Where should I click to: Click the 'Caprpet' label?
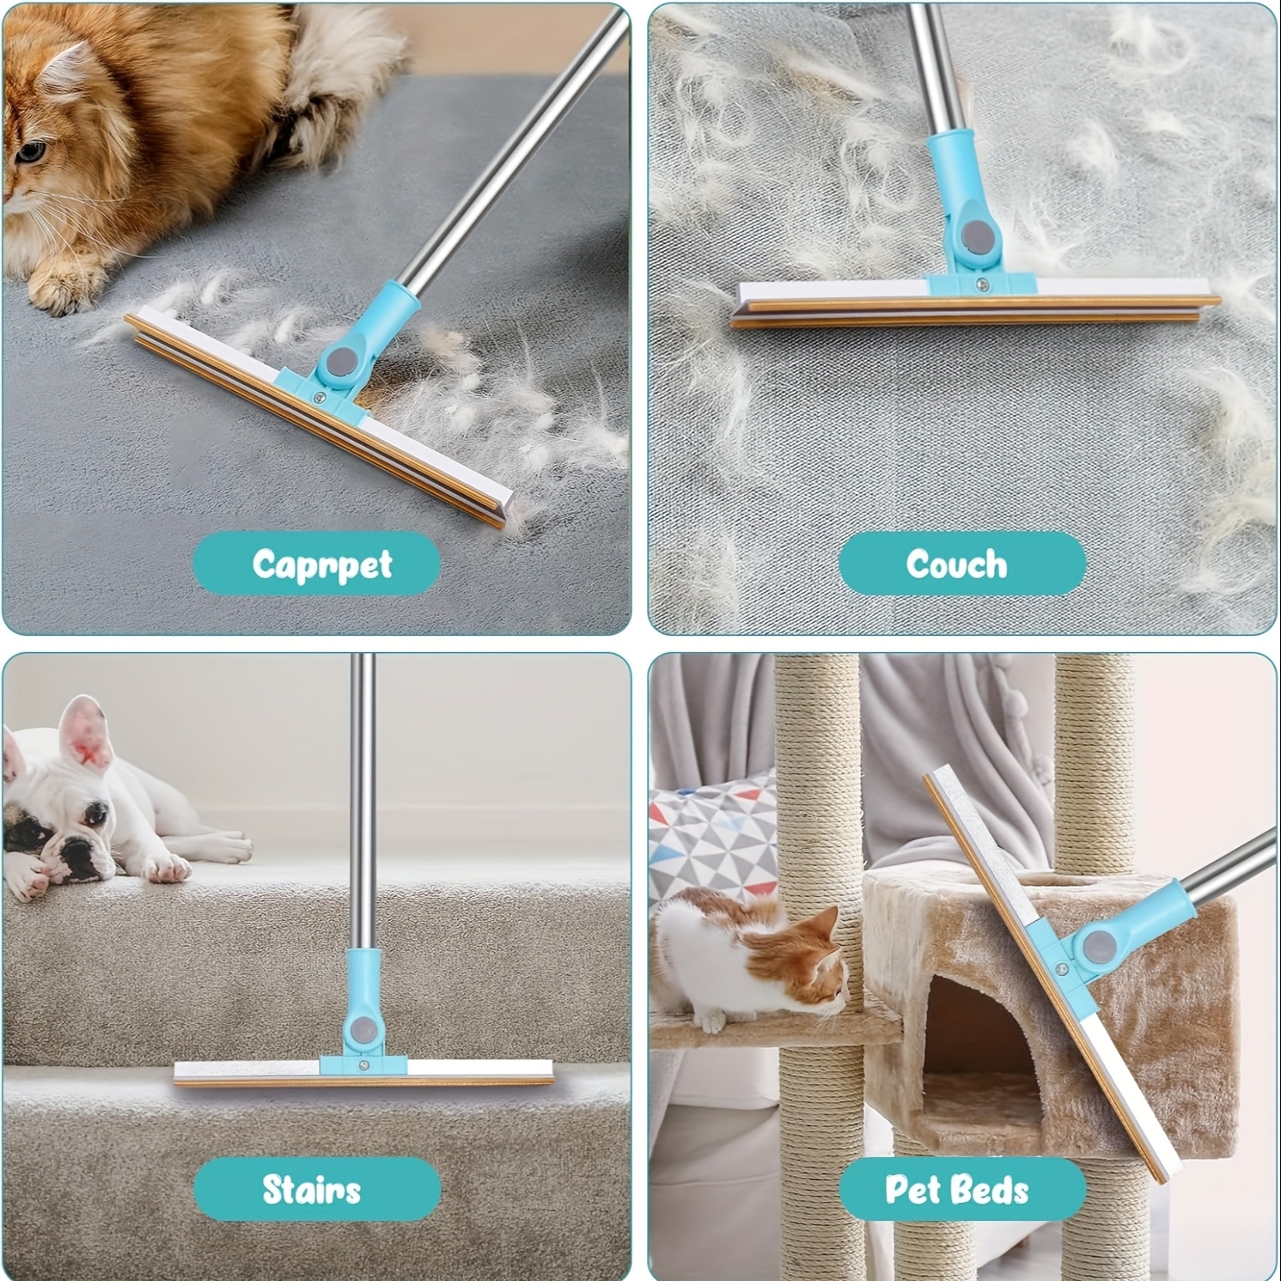(322, 564)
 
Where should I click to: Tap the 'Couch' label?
(956, 564)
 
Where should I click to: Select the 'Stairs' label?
(311, 1190)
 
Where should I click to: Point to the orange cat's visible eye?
(30, 153)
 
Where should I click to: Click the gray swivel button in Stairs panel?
(361, 1028)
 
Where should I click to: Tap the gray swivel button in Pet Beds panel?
(1098, 947)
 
